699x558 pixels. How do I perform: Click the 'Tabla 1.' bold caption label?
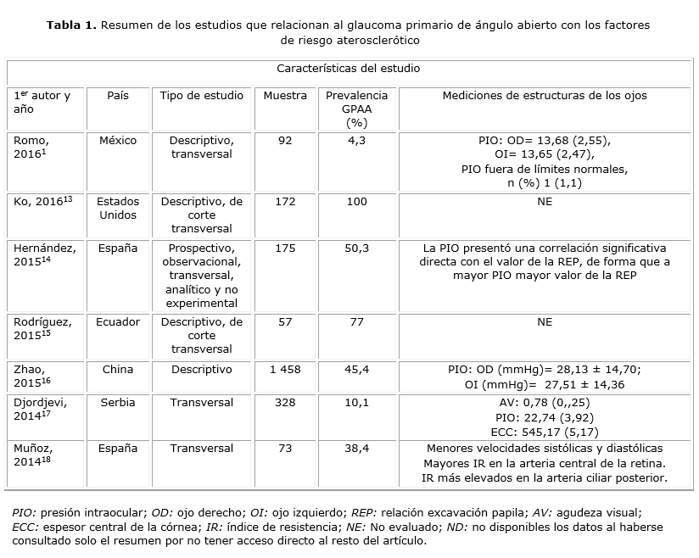pyautogui.click(x=72, y=25)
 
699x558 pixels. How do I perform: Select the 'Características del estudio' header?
pyautogui.click(x=348, y=68)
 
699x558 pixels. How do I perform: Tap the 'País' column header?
pyautogui.click(x=118, y=96)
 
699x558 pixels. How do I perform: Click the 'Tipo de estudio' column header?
pyautogui.click(x=201, y=96)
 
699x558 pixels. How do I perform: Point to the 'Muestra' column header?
pyautogui.click(x=285, y=96)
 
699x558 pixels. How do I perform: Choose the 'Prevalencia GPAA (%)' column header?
pyautogui.click(x=357, y=109)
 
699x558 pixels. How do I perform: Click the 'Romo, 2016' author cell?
pyautogui.click(x=31, y=148)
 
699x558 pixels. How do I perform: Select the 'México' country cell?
pyautogui.click(x=118, y=141)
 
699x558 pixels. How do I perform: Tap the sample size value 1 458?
pyautogui.click(x=285, y=370)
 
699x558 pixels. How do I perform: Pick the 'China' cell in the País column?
pyautogui.click(x=118, y=370)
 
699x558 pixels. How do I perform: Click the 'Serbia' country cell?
pyautogui.click(x=118, y=403)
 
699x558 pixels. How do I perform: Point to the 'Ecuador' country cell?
pyautogui.click(x=118, y=322)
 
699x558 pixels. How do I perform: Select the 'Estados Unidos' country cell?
pyautogui.click(x=118, y=209)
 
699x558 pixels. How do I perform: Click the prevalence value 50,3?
pyautogui.click(x=357, y=248)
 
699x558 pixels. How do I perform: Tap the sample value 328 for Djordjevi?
pyautogui.click(x=285, y=403)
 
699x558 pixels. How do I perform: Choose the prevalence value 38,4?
pyautogui.click(x=357, y=448)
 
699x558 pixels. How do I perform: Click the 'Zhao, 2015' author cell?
pyautogui.click(x=32, y=377)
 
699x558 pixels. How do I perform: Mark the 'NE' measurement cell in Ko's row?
pyautogui.click(x=545, y=202)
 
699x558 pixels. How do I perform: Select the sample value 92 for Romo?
pyautogui.click(x=285, y=141)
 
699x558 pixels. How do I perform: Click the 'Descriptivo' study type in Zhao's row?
pyautogui.click(x=201, y=370)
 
